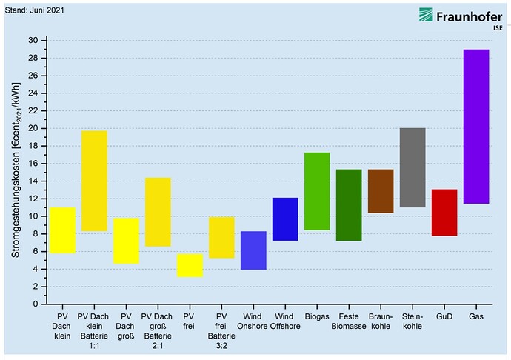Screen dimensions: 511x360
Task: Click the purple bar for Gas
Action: coord(476,127)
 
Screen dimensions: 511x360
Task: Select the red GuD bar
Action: coord(444,213)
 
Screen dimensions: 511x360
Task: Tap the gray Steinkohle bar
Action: coord(413,167)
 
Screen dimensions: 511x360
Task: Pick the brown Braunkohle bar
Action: coord(381,191)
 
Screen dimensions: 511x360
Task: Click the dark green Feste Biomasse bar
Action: coord(349,205)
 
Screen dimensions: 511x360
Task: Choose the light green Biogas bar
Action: coord(317,191)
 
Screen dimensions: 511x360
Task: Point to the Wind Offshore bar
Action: coord(285,219)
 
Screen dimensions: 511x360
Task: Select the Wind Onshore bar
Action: coord(253,250)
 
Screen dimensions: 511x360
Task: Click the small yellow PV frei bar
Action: coord(190,266)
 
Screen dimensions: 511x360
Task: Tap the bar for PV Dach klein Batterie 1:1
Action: coord(94,181)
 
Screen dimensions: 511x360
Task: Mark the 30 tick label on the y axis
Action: coord(33,41)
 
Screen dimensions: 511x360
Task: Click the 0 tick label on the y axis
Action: coord(36,304)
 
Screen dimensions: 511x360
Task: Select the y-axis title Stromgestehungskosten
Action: coord(16,170)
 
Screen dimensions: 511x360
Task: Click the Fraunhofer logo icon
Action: coord(426,15)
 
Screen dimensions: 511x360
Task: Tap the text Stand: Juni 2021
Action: coord(35,10)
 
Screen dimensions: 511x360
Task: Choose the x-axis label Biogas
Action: coord(317,316)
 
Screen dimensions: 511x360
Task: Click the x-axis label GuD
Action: coord(444,316)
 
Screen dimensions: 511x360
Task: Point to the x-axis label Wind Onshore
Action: coord(253,321)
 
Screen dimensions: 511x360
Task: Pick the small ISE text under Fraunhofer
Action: coord(498,28)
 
